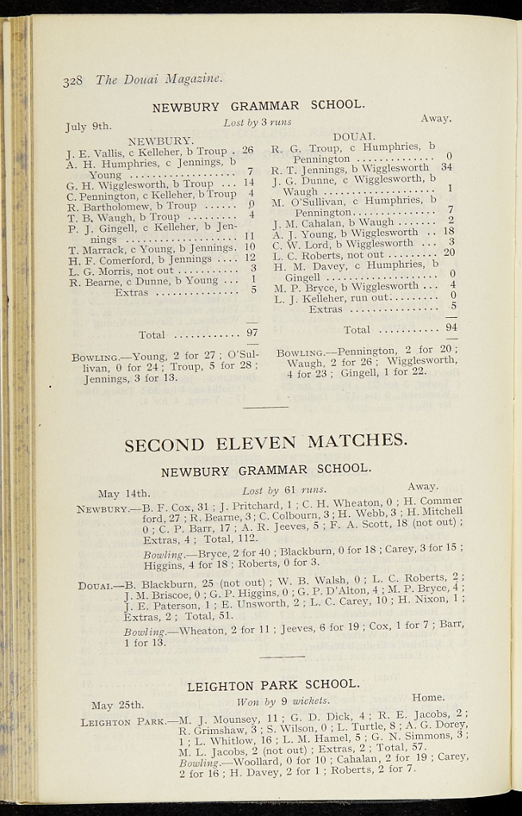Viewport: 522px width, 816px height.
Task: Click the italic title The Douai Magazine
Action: click(x=159, y=79)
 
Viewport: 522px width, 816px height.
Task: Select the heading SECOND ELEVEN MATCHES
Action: click(x=265, y=442)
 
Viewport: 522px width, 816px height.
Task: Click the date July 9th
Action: click(x=88, y=126)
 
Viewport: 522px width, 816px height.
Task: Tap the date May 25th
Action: click(x=117, y=705)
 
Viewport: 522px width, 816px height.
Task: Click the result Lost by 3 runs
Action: click(x=257, y=123)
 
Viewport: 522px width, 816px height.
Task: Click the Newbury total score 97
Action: click(x=252, y=333)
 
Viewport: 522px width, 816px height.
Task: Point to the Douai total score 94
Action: click(x=451, y=327)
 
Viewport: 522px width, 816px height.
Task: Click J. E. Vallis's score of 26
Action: click(x=247, y=150)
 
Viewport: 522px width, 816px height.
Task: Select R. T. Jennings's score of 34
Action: click(x=446, y=167)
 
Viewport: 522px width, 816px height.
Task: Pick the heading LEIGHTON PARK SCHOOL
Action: click(x=273, y=685)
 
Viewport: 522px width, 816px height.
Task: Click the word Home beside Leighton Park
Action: click(x=428, y=697)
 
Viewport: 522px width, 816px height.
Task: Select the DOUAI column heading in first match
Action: click(x=354, y=136)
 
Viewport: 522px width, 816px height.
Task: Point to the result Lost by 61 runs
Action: click(x=285, y=490)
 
